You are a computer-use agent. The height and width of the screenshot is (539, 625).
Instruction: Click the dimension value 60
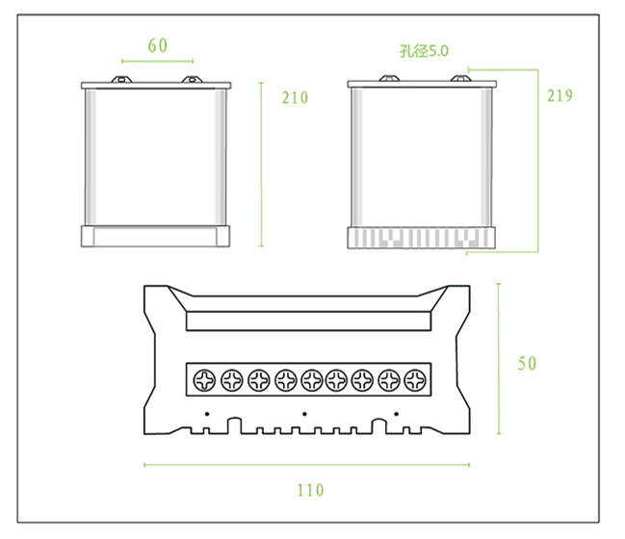tap(157, 45)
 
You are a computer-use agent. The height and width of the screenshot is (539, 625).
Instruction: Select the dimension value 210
tap(295, 97)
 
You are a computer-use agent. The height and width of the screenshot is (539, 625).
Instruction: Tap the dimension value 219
tap(560, 95)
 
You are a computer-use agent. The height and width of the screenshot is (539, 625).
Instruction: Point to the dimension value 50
tap(527, 364)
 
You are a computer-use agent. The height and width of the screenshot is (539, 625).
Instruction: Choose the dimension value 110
tap(310, 490)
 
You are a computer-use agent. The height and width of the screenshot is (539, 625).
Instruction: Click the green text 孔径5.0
tap(424, 51)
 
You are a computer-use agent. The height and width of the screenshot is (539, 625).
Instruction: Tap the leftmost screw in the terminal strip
tap(204, 379)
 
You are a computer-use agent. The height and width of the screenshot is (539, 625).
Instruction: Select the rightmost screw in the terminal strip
tap(415, 379)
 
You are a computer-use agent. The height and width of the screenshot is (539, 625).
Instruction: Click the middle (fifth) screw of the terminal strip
tap(312, 379)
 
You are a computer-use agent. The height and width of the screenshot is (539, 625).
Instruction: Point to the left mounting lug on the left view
tap(121, 79)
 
